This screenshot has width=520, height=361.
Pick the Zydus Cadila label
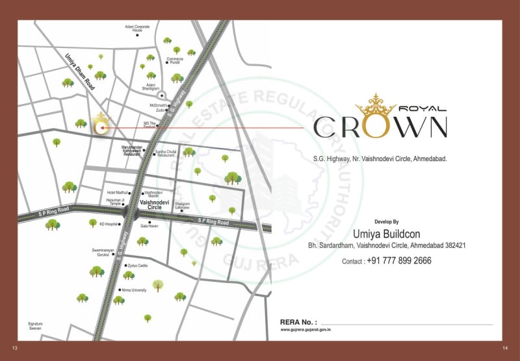[x=138, y=266]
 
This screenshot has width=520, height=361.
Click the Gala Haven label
[x=149, y=226]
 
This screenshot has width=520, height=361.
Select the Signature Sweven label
[x=35, y=325]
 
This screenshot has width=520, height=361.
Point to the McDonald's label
[x=159, y=105]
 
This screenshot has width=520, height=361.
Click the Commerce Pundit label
[x=174, y=61]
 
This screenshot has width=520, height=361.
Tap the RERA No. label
[x=298, y=322]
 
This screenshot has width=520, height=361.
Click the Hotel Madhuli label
[x=119, y=193]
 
